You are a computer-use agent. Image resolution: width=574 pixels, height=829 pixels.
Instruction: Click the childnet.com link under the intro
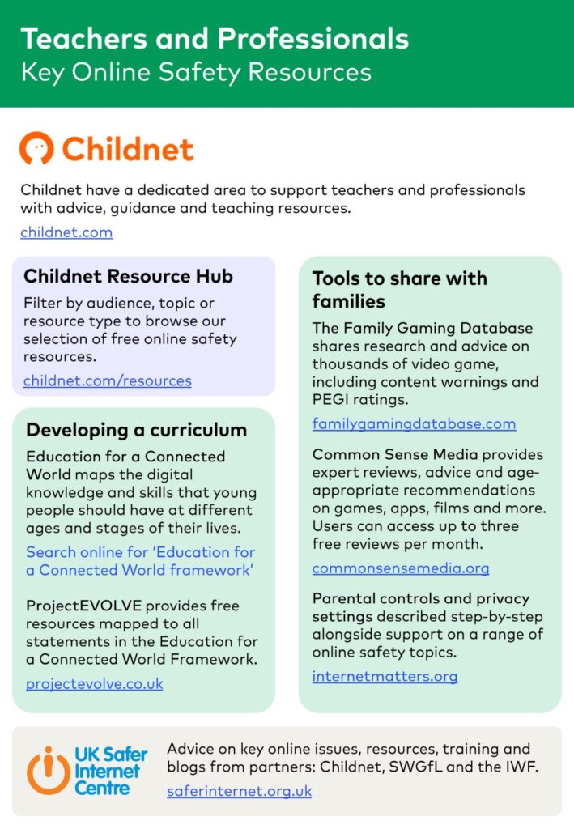tap(66, 232)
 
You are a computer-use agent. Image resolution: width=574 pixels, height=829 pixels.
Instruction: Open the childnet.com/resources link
tap(107, 380)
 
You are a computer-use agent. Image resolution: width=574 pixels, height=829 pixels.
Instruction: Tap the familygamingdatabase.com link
tap(414, 423)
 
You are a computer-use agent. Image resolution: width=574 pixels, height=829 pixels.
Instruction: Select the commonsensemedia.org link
tap(401, 568)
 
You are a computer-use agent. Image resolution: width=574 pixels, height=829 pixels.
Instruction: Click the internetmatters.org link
tap(385, 676)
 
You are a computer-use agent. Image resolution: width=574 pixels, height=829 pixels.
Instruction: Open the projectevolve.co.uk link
tap(94, 683)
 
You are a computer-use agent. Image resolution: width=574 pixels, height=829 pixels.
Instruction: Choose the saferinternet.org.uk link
tap(239, 791)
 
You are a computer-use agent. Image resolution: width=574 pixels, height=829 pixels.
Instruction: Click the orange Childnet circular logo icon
tap(37, 149)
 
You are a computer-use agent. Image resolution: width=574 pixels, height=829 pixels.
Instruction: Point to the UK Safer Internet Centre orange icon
tap(47, 769)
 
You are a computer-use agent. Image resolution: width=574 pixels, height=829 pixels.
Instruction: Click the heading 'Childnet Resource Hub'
tap(128, 276)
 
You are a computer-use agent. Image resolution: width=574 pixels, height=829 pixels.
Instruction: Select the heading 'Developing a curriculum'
tap(136, 430)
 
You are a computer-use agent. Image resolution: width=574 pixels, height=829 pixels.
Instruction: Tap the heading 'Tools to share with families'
tap(400, 290)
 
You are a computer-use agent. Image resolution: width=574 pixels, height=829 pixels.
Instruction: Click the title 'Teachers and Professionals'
tap(215, 38)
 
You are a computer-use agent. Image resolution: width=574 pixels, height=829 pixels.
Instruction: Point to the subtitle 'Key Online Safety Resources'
tap(196, 72)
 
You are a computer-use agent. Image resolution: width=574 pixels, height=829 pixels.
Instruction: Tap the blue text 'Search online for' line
tap(140, 552)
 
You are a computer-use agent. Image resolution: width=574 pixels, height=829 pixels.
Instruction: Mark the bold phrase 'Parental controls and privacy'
tap(421, 598)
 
